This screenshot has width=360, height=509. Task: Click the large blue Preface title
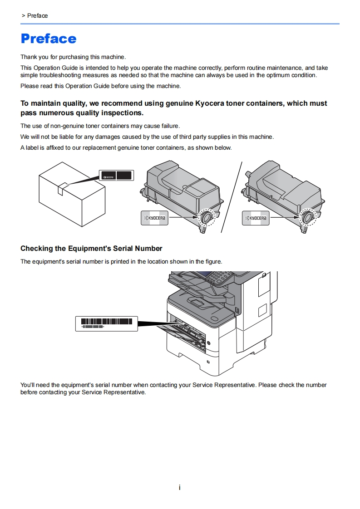tap(49, 39)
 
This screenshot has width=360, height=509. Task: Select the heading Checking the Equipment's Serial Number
tap(91, 248)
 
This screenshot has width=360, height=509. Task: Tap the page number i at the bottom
tap(180, 488)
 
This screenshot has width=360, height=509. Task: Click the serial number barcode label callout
tap(106, 323)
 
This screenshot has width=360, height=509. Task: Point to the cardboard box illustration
tap(73, 195)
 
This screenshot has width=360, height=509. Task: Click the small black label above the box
tap(117, 176)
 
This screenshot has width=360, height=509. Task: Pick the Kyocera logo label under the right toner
tap(256, 218)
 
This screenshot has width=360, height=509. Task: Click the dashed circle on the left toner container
tap(207, 217)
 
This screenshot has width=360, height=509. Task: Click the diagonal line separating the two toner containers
tap(232, 197)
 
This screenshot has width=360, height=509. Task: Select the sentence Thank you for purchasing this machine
tap(73, 57)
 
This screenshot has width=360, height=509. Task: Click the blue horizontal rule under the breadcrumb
tap(180, 24)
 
